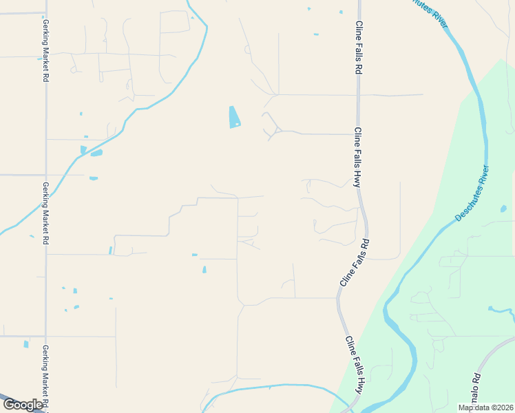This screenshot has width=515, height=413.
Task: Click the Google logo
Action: click(23, 405)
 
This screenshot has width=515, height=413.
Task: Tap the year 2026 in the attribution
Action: click(502, 407)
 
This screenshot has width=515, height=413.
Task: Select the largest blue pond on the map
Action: click(234, 117)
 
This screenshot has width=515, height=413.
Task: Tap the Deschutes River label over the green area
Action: click(472, 193)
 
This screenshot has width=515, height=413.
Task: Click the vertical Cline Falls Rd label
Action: click(359, 47)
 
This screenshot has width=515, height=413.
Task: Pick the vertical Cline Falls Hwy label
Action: click(358, 158)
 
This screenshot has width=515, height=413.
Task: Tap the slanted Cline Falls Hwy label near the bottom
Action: click(353, 365)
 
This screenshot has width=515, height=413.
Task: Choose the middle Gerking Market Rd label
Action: click(45, 213)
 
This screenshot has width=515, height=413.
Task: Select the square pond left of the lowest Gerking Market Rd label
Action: click(26, 344)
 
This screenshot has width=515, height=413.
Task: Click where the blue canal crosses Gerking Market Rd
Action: click(47, 190)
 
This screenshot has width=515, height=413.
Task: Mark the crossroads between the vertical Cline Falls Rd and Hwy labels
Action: click(357, 95)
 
